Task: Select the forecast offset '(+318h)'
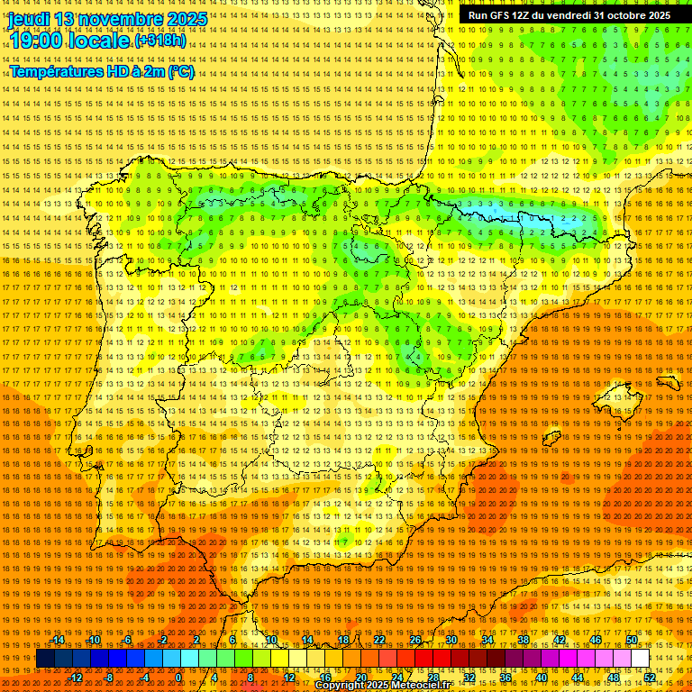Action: click(160, 41)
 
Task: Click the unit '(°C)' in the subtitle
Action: click(181, 71)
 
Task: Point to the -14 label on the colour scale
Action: click(58, 641)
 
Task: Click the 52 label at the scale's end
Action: click(650, 678)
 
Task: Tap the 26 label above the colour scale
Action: click(414, 641)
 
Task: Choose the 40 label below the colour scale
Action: click(541, 678)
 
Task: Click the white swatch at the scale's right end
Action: click(640, 659)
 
